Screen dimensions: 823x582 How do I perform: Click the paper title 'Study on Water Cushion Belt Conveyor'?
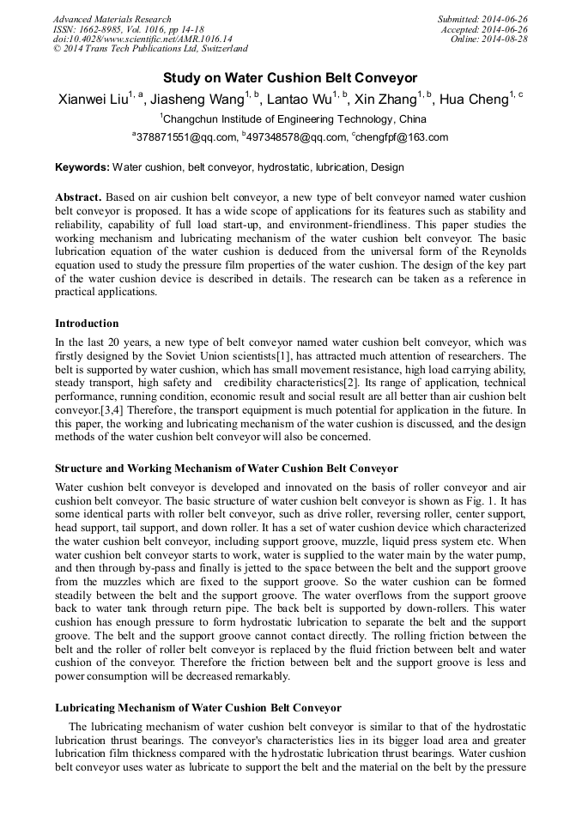pyautogui.click(x=290, y=78)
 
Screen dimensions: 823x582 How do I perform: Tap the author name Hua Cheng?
pyautogui.click(x=475, y=100)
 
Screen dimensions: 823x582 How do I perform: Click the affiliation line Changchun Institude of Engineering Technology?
pyautogui.click(x=292, y=119)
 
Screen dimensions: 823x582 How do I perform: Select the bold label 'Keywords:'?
pyautogui.click(x=82, y=167)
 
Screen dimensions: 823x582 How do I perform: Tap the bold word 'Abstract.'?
pyautogui.click(x=80, y=197)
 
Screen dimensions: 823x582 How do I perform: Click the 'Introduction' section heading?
pyautogui.click(x=87, y=324)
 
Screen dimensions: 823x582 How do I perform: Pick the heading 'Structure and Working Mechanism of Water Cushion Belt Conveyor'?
pyautogui.click(x=227, y=469)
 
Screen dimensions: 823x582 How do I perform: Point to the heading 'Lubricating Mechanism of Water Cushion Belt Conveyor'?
pyautogui.click(x=198, y=708)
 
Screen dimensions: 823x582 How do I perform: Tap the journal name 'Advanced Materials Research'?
pyautogui.click(x=112, y=19)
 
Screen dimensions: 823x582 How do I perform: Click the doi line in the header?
pyautogui.click(x=130, y=39)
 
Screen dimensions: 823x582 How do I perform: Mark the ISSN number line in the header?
pyautogui.click(x=128, y=29)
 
